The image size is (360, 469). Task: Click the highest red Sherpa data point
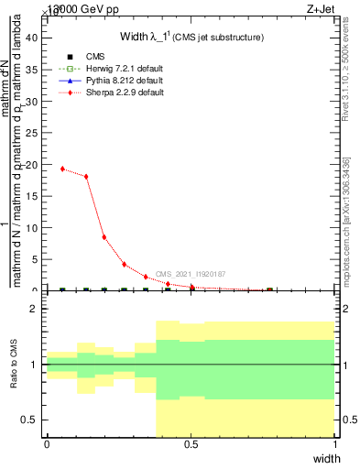[62, 169]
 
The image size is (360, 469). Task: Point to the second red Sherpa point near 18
[86, 177]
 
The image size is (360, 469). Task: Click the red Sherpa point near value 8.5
[104, 237]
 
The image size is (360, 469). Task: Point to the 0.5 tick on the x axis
[191, 444]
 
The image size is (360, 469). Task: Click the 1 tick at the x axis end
[335, 444]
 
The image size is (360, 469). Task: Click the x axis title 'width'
[326, 457]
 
